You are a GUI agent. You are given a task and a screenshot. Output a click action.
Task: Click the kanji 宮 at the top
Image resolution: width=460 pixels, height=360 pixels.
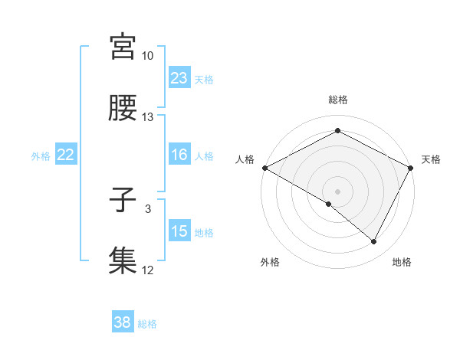tap(123, 47)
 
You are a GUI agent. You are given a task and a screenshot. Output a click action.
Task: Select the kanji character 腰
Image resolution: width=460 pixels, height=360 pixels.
tap(123, 109)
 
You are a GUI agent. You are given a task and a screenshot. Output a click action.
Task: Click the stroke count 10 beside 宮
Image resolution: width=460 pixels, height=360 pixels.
tap(148, 56)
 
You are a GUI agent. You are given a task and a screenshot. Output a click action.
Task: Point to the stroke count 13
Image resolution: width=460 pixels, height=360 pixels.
tap(148, 117)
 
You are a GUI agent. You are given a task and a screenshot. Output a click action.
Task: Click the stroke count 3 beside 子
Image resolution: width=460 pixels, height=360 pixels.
tap(148, 208)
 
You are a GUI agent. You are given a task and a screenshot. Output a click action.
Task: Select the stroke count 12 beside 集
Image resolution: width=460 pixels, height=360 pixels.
tap(148, 270)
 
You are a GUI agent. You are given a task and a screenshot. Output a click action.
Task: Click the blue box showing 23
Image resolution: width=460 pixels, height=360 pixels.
tap(179, 78)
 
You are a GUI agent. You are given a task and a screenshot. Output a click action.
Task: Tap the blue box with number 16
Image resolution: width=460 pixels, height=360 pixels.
tap(179, 155)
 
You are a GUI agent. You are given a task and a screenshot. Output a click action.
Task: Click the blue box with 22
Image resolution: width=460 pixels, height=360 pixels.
tap(66, 155)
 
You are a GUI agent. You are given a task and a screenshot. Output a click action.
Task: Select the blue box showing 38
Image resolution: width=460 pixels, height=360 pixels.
tap(123, 323)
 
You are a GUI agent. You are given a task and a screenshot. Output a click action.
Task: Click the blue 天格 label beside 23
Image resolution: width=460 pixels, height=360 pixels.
tap(204, 79)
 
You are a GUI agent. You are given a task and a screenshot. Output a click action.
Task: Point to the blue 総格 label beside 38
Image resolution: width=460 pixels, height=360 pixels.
tap(147, 324)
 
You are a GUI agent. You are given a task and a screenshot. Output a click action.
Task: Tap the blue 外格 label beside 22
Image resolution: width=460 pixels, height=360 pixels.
tap(41, 155)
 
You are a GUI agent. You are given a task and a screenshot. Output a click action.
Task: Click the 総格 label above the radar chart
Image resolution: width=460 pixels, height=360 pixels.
tap(338, 100)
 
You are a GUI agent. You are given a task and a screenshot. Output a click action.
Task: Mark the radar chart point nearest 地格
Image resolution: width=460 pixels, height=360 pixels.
tap(374, 242)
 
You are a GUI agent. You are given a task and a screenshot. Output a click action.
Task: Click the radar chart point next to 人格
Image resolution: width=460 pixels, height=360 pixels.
tap(264, 167)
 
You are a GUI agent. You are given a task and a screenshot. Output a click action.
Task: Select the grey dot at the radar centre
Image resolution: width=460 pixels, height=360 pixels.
tap(338, 191)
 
